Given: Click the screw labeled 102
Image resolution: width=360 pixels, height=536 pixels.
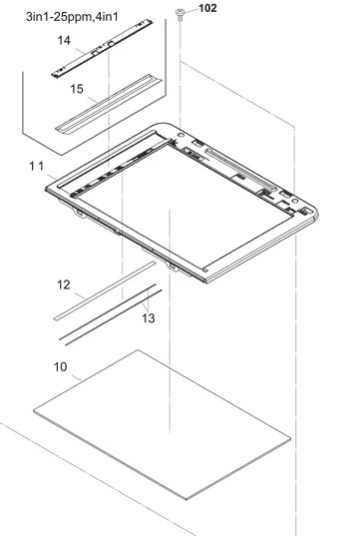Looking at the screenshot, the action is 180,15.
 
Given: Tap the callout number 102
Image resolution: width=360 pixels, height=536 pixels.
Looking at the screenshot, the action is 207,8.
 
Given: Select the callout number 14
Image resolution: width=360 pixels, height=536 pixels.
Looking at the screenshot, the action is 64,40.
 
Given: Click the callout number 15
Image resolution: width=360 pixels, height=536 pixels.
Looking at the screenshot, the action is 77,89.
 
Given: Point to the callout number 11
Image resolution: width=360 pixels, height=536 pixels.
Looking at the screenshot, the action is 37,167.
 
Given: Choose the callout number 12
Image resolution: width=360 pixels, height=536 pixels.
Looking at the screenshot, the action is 64,284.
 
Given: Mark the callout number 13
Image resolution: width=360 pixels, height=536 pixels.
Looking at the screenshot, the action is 149,318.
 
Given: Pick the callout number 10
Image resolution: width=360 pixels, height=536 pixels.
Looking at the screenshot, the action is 61,366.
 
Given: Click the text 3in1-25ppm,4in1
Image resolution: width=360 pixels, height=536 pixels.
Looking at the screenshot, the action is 72,16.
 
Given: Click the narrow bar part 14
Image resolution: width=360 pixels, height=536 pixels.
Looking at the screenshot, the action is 102,48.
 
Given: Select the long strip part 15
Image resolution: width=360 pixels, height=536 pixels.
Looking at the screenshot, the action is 109,103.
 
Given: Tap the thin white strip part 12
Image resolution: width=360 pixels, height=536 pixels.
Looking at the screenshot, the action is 105,290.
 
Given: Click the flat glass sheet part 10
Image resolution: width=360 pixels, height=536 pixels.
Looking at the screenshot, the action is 163,425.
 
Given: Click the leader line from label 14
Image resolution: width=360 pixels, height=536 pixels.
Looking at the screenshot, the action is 79,51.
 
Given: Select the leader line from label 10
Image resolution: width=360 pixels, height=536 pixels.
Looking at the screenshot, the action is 77,378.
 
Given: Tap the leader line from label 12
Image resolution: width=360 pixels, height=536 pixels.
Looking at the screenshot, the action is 79,295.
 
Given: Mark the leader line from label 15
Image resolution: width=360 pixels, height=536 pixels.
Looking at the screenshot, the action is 93,100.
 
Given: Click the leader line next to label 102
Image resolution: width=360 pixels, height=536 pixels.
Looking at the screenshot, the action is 191,10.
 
